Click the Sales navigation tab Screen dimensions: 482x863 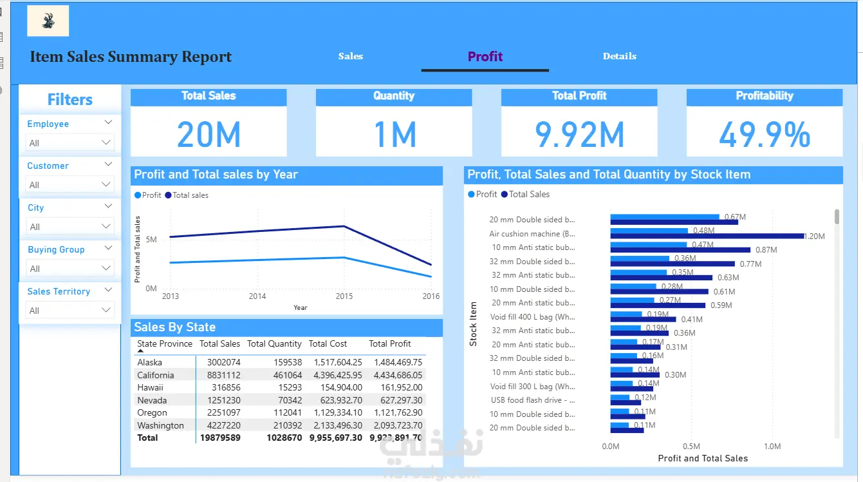pos(351,56)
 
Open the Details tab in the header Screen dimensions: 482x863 pos(619,56)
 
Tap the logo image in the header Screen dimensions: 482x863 pos(48,21)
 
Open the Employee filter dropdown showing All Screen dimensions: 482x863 pos(70,143)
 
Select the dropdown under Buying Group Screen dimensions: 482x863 pos(70,269)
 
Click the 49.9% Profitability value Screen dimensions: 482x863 pos(765,135)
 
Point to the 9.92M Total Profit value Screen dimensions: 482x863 pos(579,135)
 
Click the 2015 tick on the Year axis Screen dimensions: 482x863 pos(344,296)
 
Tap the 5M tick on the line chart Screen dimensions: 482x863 pos(151,240)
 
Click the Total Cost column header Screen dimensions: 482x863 pos(328,344)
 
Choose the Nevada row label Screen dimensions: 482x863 pos(152,400)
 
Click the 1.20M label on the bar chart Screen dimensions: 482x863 pos(814,236)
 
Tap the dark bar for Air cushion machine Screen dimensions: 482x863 pos(707,236)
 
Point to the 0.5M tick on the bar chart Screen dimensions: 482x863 pos(691,447)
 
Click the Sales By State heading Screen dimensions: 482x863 pos(174,327)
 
